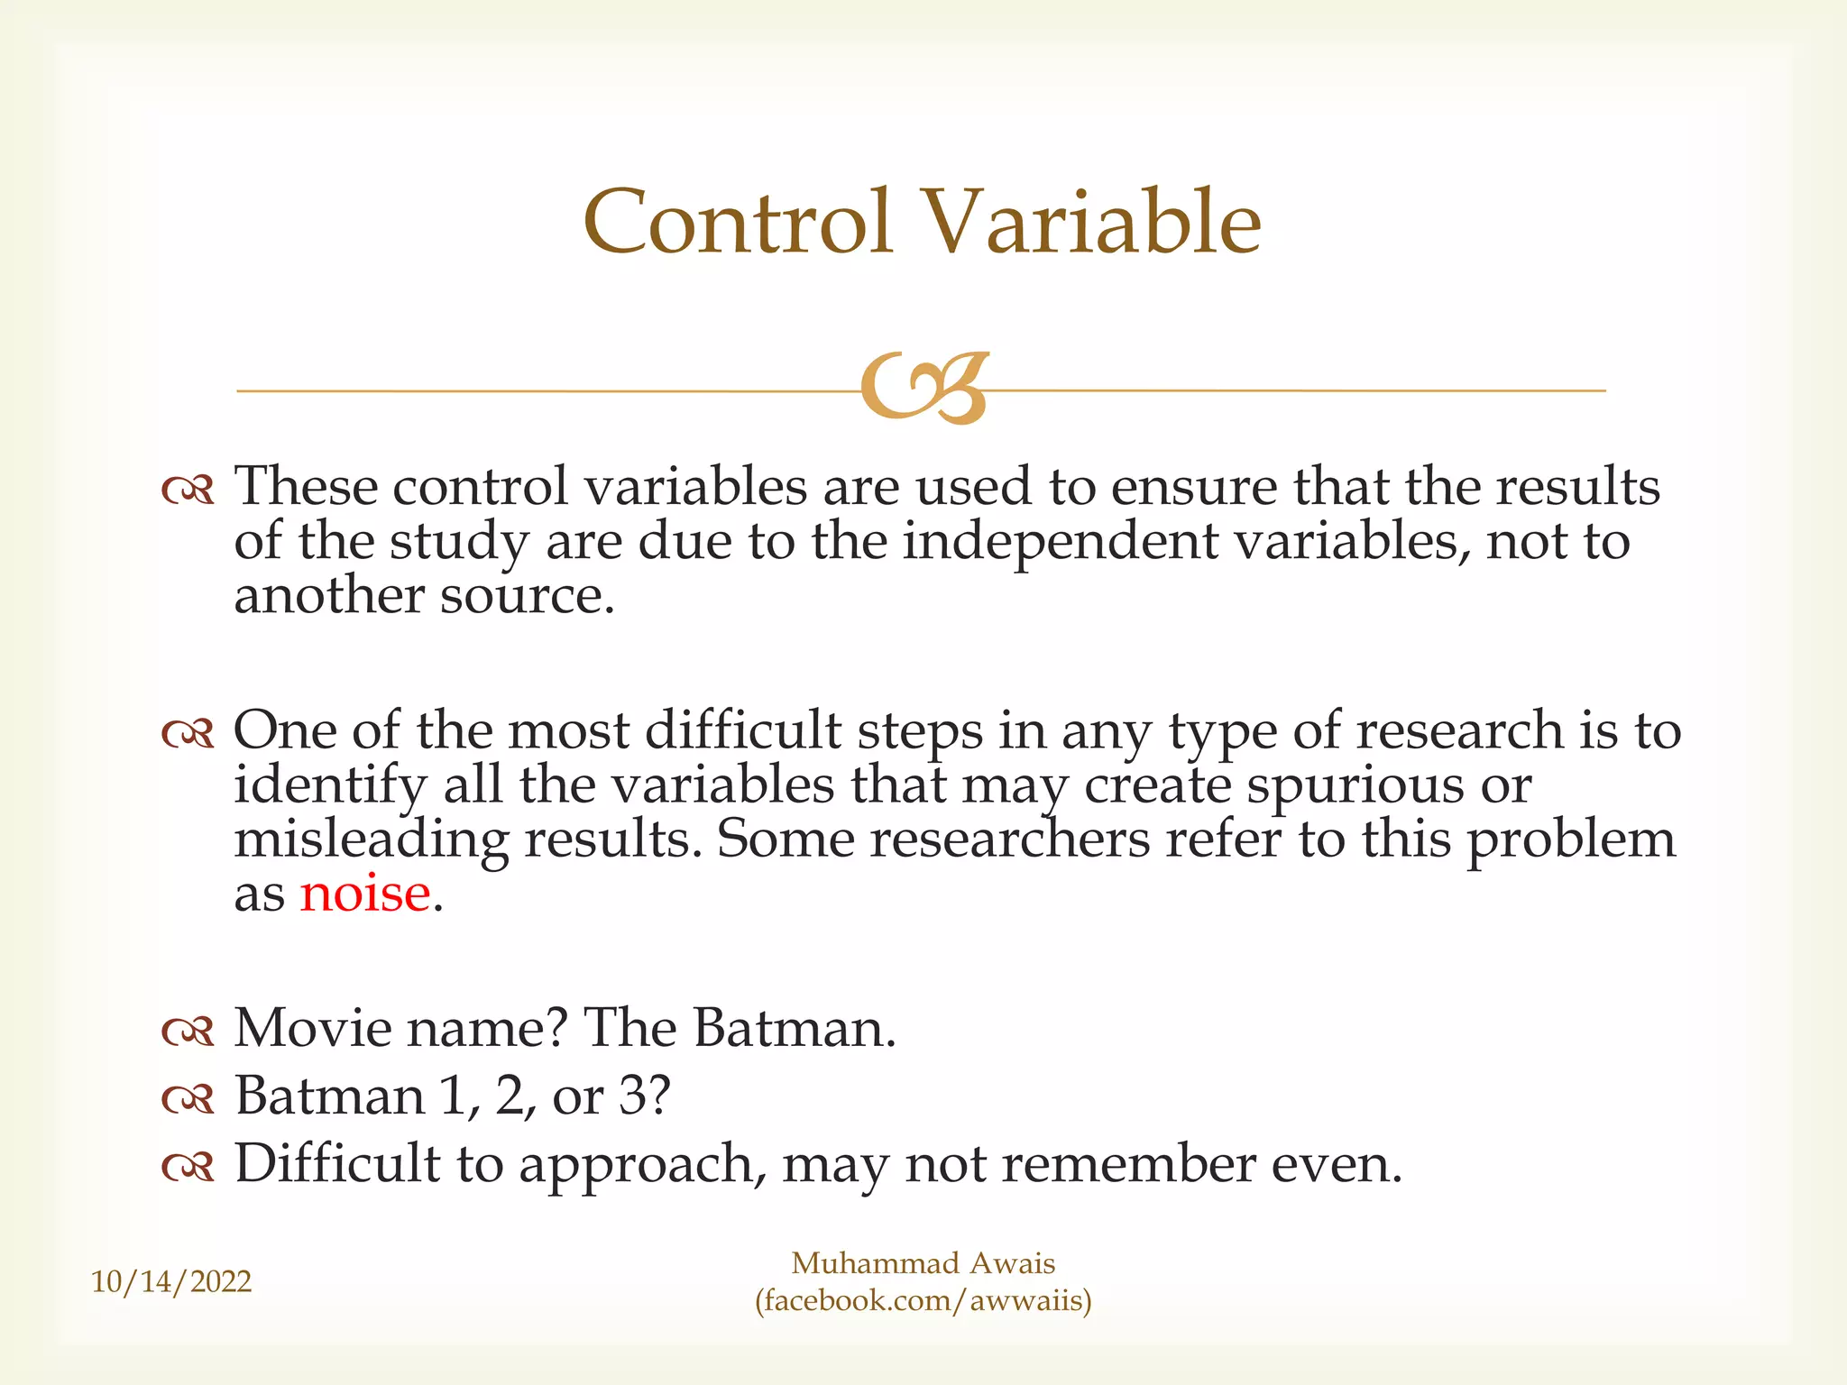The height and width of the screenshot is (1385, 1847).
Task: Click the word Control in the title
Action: point(738,223)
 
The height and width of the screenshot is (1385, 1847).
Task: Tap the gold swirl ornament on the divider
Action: point(923,389)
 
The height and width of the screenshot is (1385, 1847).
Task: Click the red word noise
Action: point(364,894)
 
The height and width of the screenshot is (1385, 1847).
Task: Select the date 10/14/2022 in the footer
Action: point(171,1281)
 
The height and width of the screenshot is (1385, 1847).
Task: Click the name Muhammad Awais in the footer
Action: point(923,1263)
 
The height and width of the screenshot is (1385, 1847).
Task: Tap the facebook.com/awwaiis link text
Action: point(923,1300)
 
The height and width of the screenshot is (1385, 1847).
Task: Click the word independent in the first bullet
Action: point(1061,543)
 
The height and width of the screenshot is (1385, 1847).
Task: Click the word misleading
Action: point(371,840)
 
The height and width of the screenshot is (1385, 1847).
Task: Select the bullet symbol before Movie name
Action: point(188,1032)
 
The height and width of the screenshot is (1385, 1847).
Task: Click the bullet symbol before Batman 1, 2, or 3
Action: point(188,1099)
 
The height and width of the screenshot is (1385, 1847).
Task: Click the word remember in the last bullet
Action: point(1128,1165)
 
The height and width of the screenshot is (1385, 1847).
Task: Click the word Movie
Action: point(311,1028)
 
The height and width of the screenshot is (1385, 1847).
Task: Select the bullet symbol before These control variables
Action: point(188,491)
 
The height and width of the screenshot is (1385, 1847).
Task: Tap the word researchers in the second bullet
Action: point(1009,840)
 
